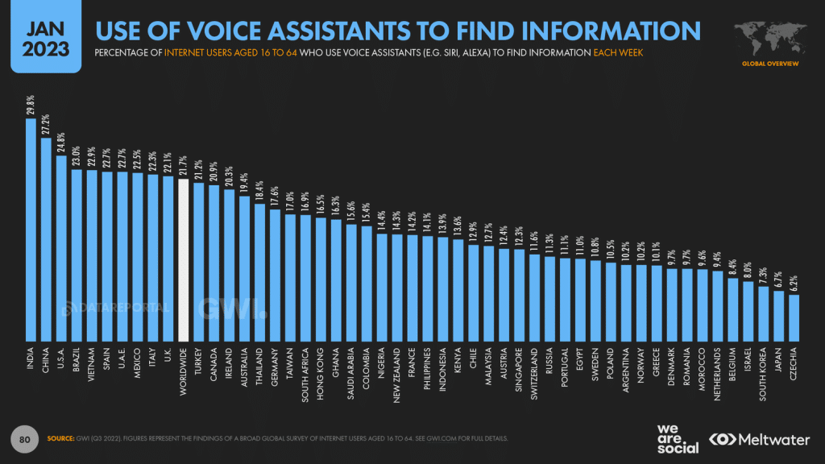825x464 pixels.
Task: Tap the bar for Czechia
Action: click(794, 318)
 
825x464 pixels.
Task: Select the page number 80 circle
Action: click(25, 438)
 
